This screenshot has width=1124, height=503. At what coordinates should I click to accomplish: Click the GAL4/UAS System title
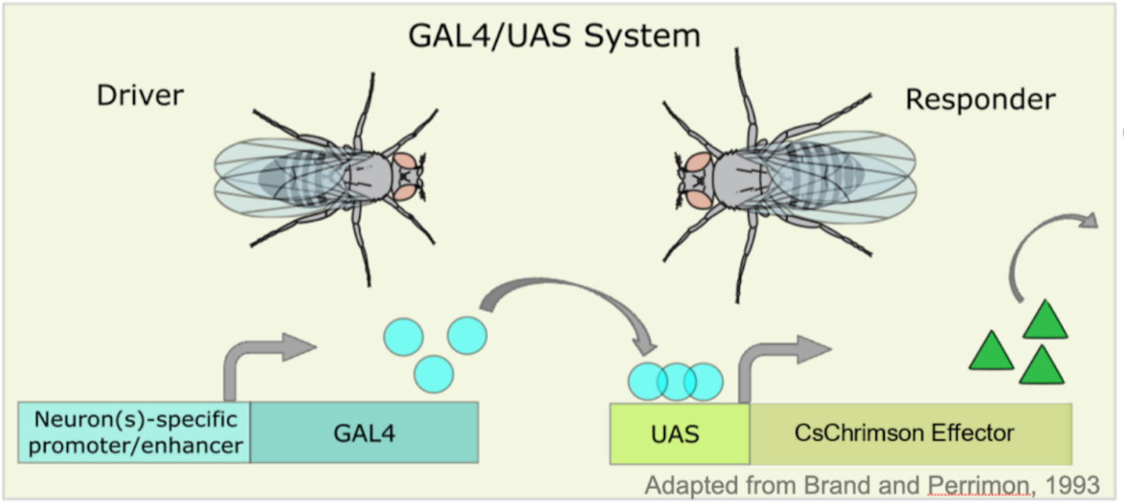pos(554,35)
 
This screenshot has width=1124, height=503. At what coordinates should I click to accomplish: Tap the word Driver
pos(140,96)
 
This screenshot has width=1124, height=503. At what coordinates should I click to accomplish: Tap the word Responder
pos(980,99)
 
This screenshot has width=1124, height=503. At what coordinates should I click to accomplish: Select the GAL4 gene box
pos(364,433)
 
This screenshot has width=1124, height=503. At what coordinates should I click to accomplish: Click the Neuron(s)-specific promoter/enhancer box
pos(135,433)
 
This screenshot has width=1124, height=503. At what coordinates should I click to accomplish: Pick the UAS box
pos(679,434)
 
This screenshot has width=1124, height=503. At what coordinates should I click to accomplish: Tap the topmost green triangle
pos(1045,322)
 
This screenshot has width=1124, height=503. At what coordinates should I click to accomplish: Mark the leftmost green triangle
pos(991,352)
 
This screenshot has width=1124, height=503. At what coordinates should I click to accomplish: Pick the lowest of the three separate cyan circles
pos(434,374)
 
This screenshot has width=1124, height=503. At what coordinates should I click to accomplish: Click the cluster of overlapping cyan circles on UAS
pos(675,381)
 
